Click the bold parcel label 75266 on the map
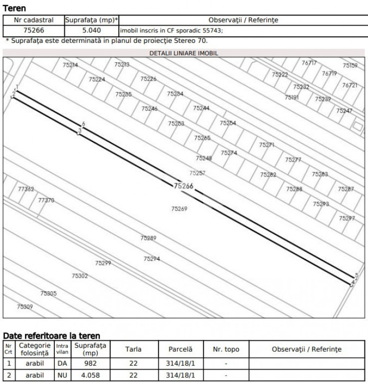click(184, 186)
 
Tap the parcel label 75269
click(179, 209)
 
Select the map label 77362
click(26, 190)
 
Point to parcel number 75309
click(25, 307)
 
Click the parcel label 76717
click(309, 63)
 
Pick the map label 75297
click(347, 218)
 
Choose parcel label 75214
click(70, 65)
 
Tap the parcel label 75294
click(152, 259)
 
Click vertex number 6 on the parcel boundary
click(83, 124)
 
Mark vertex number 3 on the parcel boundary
click(79, 131)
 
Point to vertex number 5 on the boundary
click(357, 275)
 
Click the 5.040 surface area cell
click(92, 30)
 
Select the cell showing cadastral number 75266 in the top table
click(34, 30)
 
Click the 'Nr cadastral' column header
click(34, 20)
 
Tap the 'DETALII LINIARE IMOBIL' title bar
click(184, 52)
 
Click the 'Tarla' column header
click(133, 349)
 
